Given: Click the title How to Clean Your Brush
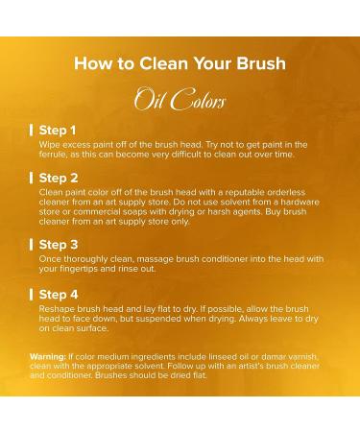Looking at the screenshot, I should point(180,64).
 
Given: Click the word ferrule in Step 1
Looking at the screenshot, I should point(55,155).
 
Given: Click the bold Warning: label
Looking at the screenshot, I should point(51,355).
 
